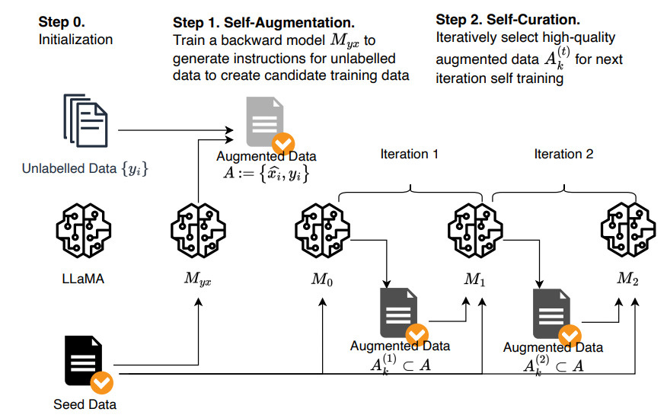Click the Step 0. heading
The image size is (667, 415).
pyautogui.click(x=62, y=21)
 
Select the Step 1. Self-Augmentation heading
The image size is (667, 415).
pyautogui.click(x=263, y=23)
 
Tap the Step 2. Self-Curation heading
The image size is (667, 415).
pyautogui.click(x=508, y=20)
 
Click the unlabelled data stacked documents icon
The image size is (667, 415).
pyautogui.click(x=85, y=120)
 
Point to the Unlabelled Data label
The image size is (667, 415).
pyautogui.click(x=85, y=169)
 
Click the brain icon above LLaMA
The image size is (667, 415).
pyautogui.click(x=84, y=231)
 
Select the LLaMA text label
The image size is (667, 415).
pyautogui.click(x=83, y=279)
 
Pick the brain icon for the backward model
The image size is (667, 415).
pyautogui.click(x=198, y=231)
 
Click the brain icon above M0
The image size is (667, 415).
pyautogui.click(x=322, y=231)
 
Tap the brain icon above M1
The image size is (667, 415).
pyautogui.click(x=475, y=231)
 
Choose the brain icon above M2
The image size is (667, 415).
pyautogui.click(x=628, y=231)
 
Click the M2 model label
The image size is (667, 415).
pyautogui.click(x=628, y=279)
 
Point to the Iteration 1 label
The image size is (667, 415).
pyautogui.click(x=409, y=154)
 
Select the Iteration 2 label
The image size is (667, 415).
pyautogui.click(x=563, y=154)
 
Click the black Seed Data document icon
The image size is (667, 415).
pyautogui.click(x=84, y=361)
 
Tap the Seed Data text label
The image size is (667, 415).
pyautogui.click(x=85, y=404)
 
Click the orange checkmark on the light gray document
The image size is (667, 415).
pyautogui.click(x=283, y=144)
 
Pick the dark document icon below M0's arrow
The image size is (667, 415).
pyautogui.click(x=398, y=312)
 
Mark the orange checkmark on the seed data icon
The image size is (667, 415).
pyautogui.click(x=102, y=383)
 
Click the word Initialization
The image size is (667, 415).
pyautogui.click(x=75, y=40)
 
